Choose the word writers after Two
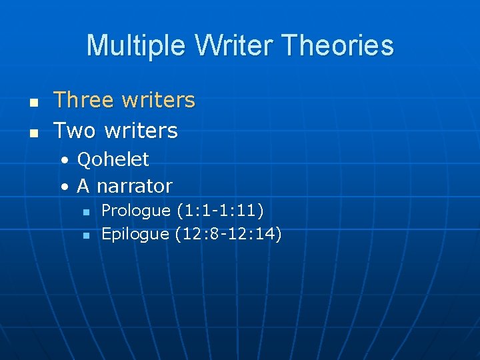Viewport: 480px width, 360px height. coord(141,130)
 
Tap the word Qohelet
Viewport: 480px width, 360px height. coord(113,159)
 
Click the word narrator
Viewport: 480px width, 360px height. coord(134,186)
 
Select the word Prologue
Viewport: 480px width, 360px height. coord(136,211)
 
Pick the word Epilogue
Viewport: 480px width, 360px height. coord(135,234)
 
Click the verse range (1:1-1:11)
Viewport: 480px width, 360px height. coord(221,211)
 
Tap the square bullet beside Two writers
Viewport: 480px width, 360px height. coord(31,132)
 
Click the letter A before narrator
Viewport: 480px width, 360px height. coord(83,186)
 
